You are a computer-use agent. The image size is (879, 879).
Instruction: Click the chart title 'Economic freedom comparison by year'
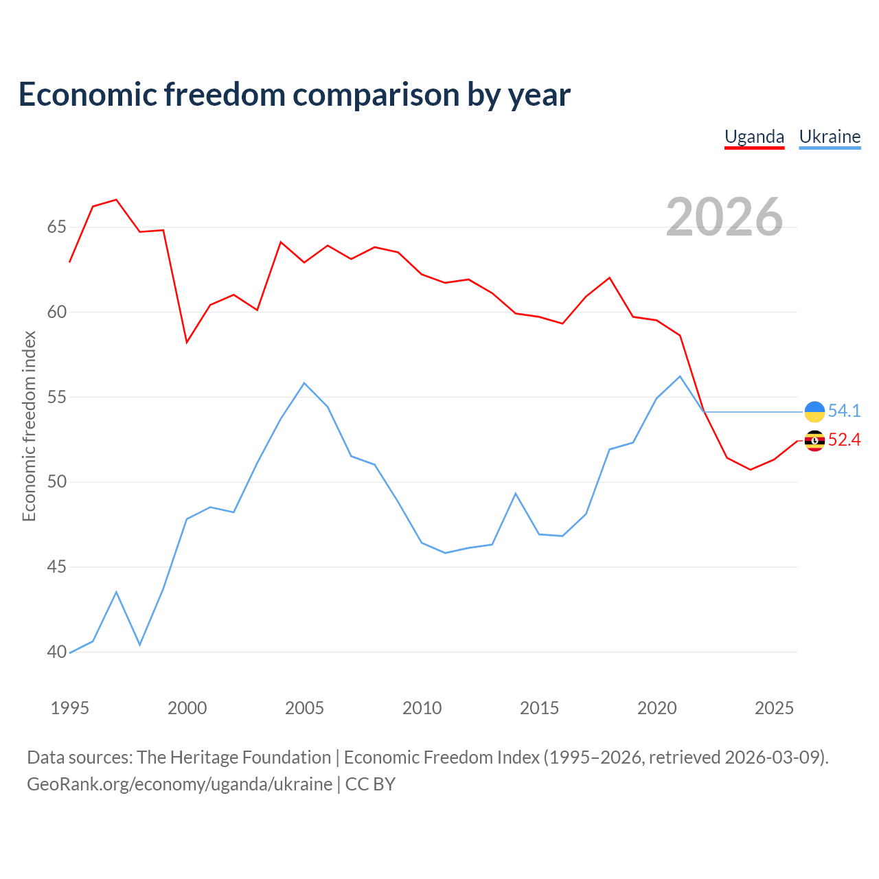tap(294, 95)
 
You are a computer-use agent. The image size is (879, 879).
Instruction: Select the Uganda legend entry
tap(754, 137)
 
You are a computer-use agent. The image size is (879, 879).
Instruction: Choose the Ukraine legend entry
tap(830, 137)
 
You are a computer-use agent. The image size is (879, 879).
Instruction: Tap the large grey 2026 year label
tap(724, 217)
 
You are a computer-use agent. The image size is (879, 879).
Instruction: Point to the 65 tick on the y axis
tap(57, 227)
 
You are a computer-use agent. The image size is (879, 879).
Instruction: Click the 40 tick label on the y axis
tap(57, 652)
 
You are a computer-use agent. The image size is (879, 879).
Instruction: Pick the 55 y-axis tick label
tap(57, 398)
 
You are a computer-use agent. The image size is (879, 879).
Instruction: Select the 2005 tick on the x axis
tap(304, 708)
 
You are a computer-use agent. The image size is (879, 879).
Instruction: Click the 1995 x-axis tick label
tap(70, 708)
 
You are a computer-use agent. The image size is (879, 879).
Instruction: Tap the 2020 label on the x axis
tap(657, 708)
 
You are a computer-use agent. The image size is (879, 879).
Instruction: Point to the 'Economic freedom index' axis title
tap(30, 426)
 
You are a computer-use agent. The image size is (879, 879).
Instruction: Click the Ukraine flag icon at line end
tap(814, 411)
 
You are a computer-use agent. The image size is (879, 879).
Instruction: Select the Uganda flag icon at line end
tap(814, 441)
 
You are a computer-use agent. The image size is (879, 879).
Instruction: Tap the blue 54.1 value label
tap(845, 411)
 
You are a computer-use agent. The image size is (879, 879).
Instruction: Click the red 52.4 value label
tap(845, 439)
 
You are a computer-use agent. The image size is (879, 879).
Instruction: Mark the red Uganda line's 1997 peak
tap(116, 200)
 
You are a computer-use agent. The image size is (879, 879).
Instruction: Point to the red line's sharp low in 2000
tap(187, 342)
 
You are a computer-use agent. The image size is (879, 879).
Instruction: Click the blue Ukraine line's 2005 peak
tap(304, 383)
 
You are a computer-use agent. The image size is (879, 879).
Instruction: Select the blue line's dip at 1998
tap(139, 645)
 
